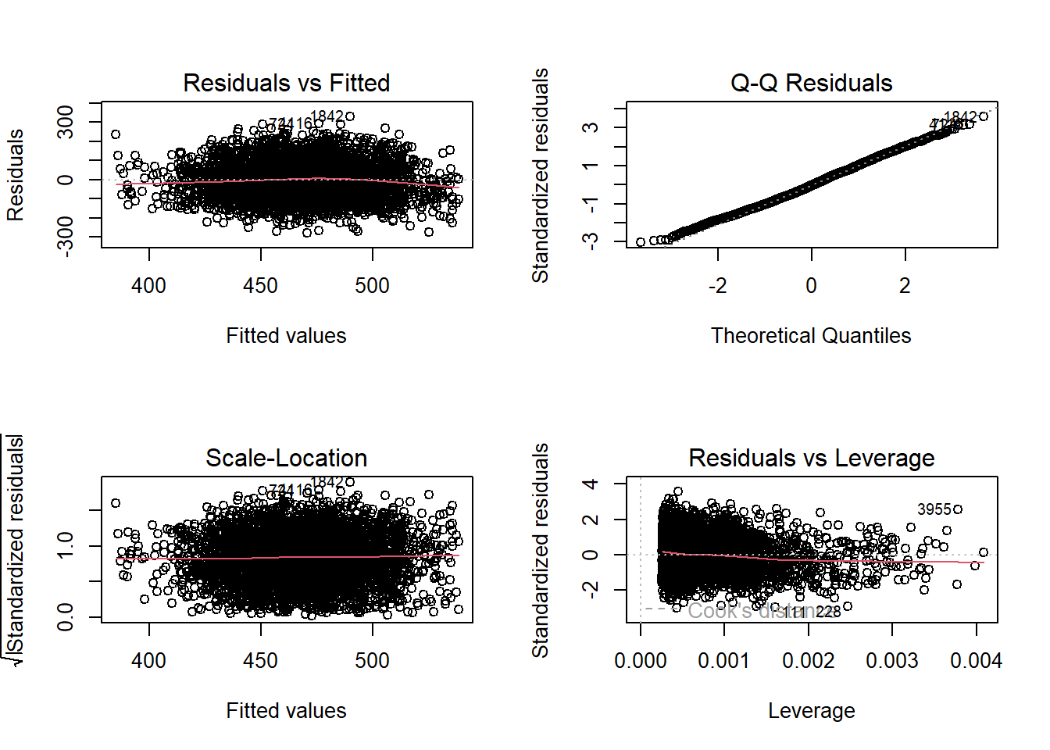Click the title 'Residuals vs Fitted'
(286, 83)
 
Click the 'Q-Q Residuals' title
(811, 83)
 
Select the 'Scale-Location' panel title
(286, 458)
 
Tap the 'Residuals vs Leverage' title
(811, 458)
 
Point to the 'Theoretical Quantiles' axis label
(811, 336)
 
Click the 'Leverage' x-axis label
(811, 711)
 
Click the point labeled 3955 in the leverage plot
(958, 509)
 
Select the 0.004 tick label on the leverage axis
(976, 661)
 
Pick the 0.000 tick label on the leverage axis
(641, 661)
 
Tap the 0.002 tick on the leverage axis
(808, 661)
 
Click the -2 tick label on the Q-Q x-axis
(717, 286)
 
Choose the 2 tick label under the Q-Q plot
(905, 286)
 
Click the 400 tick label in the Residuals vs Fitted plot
(148, 286)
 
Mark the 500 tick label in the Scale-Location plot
(372, 661)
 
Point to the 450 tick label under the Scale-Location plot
(260, 661)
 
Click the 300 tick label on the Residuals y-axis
(66, 122)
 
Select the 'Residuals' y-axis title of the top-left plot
(16, 175)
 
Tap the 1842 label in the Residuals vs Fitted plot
(327, 116)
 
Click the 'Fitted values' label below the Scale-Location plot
(286, 711)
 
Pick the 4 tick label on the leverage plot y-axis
(591, 484)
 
